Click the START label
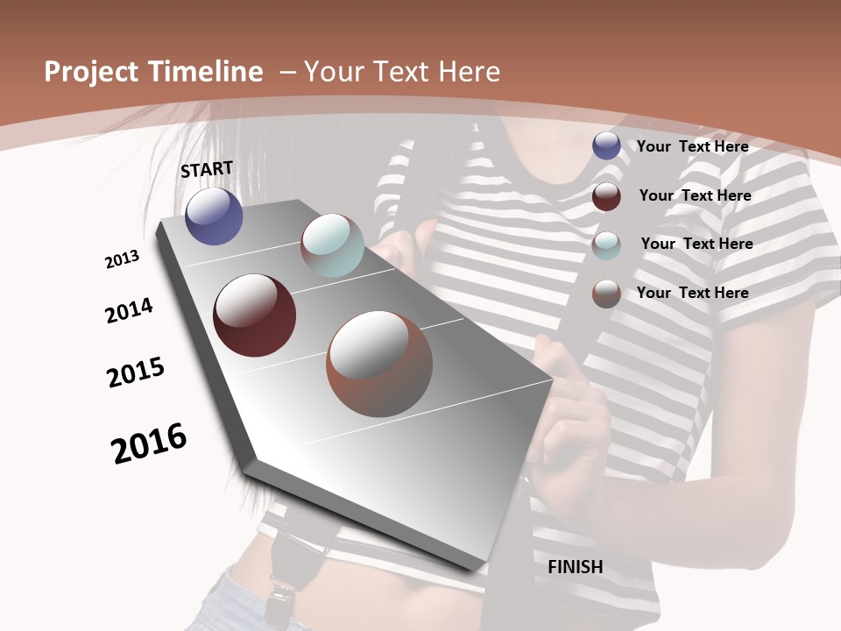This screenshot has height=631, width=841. [207, 169]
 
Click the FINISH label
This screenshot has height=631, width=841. [576, 567]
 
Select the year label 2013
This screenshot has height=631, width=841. [123, 259]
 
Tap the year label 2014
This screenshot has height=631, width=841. [130, 310]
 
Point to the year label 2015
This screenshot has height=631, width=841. [136, 372]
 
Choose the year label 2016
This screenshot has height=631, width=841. [149, 443]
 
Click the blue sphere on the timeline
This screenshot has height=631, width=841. [214, 216]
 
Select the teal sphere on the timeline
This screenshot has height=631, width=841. [332, 245]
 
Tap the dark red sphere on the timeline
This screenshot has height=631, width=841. [254, 315]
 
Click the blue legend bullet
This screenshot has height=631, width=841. [606, 146]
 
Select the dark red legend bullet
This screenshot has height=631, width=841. [606, 195]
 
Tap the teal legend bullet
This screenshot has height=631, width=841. [606, 245]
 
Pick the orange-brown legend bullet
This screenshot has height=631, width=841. [606, 294]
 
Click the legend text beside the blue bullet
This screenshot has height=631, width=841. [692, 146]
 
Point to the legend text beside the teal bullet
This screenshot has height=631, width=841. [696, 244]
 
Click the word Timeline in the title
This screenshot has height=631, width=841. [207, 72]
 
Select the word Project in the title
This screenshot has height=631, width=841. [90, 72]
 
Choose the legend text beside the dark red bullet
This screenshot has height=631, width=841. [695, 195]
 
